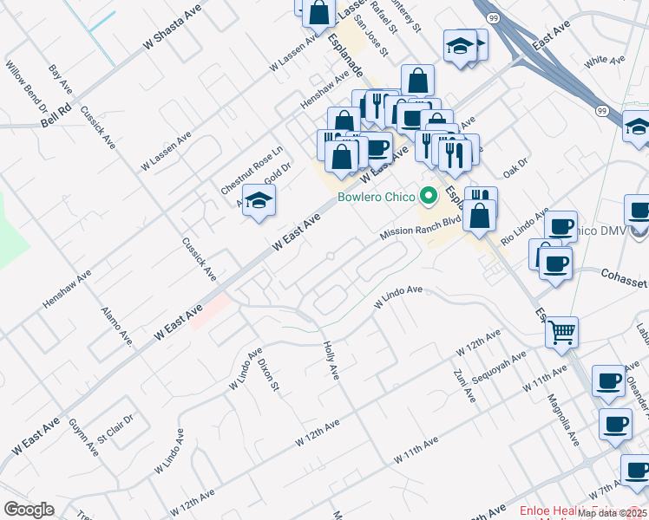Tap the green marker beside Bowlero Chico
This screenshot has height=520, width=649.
point(427,194)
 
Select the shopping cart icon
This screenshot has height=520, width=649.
point(562,330)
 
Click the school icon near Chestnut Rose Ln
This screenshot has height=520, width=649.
point(259,201)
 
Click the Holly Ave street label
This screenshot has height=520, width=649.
point(330,358)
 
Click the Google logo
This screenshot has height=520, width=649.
point(29,510)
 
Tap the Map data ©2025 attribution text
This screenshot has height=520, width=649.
point(612,513)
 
